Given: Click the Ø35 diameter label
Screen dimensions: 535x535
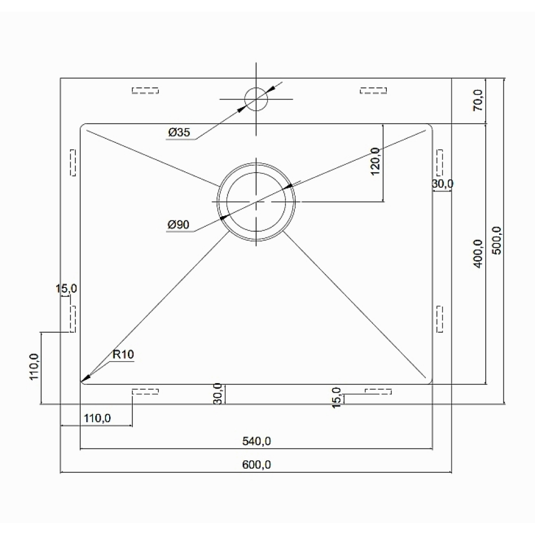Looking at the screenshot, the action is tap(179, 132).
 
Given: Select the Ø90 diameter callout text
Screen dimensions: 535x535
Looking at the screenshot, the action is tap(179, 225).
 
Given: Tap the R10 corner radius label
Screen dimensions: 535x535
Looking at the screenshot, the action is tap(123, 355).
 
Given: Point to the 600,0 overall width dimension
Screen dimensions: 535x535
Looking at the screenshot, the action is tap(257, 465).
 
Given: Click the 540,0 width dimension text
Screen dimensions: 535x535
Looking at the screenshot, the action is tap(257, 441).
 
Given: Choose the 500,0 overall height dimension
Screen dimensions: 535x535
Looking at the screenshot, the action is tap(497, 240).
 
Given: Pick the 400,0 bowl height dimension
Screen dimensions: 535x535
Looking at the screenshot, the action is tap(478, 254).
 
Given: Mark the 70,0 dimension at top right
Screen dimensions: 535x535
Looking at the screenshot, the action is tap(478, 101).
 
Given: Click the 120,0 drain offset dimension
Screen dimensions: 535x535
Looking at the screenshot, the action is tap(375, 162).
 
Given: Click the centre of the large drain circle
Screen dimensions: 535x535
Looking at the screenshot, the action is tap(256, 202).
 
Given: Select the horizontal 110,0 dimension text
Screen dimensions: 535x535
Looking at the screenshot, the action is tap(97, 418).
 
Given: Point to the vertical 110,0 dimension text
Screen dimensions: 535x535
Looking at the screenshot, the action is tap(34, 367).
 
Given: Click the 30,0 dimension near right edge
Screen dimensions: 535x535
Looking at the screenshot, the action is tap(442, 184).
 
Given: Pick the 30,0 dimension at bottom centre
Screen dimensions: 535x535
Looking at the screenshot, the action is tap(218, 394).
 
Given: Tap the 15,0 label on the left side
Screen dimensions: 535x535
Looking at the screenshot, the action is tap(66, 289).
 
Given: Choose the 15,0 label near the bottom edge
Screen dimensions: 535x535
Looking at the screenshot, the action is tap(337, 398).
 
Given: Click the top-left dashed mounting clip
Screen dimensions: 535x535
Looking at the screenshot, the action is tap(146, 90).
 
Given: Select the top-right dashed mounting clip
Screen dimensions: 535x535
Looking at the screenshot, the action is tap(373, 90).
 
